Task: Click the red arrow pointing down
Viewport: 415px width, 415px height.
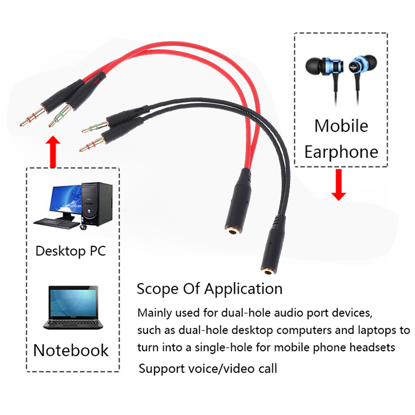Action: (339, 185)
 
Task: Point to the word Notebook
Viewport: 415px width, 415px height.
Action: (71, 350)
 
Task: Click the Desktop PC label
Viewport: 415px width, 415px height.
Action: (71, 252)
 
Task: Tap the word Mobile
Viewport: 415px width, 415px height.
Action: (341, 126)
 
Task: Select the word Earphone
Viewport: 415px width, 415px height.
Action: (341, 152)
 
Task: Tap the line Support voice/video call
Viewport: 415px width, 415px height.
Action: (208, 369)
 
